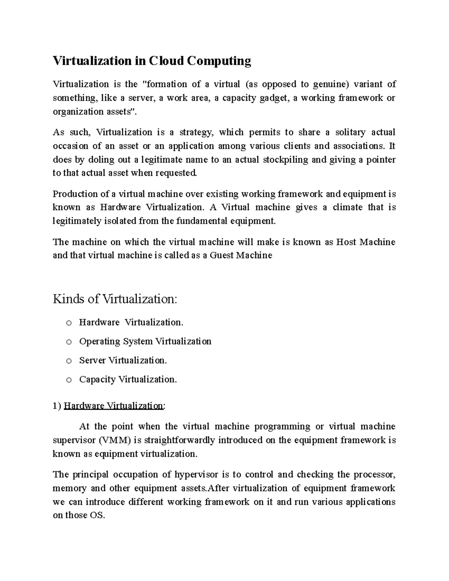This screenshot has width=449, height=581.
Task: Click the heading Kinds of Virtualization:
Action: click(x=114, y=299)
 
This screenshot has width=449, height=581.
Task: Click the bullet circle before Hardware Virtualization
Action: click(x=68, y=323)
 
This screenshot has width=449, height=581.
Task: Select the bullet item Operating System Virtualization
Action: click(x=145, y=341)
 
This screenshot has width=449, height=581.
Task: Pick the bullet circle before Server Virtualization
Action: click(x=68, y=361)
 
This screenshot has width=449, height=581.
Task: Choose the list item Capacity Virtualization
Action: click(x=128, y=379)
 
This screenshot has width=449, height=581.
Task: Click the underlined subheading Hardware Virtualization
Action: click(x=114, y=406)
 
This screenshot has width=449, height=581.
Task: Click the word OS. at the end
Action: click(x=97, y=516)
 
